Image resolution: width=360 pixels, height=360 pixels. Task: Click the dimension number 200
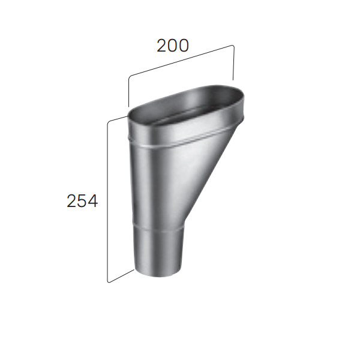tap(173, 46)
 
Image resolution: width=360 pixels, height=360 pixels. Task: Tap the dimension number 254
tap(82, 202)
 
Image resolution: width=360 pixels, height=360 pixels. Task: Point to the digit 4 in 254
tap(92, 202)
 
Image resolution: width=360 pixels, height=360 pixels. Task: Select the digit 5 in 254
tap(82, 202)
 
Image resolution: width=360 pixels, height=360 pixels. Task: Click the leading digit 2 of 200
tap(162, 46)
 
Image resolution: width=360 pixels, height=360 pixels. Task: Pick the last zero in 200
tap(183, 46)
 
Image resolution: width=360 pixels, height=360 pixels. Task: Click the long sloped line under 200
tap(180, 61)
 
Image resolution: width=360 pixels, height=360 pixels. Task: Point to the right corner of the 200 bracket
tap(232, 46)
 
